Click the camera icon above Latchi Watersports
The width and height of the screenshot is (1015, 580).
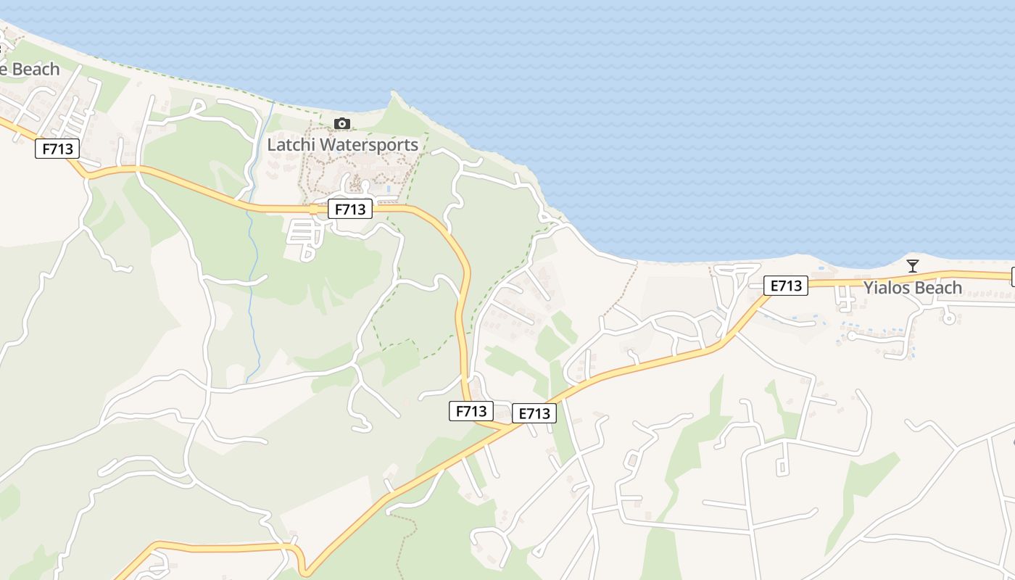click(x=342, y=124)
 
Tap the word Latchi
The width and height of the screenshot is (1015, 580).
click(x=291, y=145)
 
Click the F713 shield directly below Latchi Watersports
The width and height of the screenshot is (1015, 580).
click(x=350, y=210)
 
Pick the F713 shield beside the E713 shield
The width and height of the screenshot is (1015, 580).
click(x=471, y=411)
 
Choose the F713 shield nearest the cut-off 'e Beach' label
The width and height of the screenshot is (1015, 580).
click(x=57, y=149)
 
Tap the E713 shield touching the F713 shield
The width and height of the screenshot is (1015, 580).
click(x=534, y=414)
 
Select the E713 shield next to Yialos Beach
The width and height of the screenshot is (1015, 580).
click(x=786, y=286)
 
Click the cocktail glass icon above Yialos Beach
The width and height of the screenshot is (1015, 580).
click(x=913, y=265)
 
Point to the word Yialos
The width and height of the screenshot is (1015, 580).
click(x=887, y=288)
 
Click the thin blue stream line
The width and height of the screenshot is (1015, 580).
click(x=254, y=290)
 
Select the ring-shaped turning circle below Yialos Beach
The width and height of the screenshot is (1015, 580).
click(x=948, y=318)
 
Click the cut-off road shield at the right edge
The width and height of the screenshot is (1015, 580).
click(x=1012, y=276)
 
